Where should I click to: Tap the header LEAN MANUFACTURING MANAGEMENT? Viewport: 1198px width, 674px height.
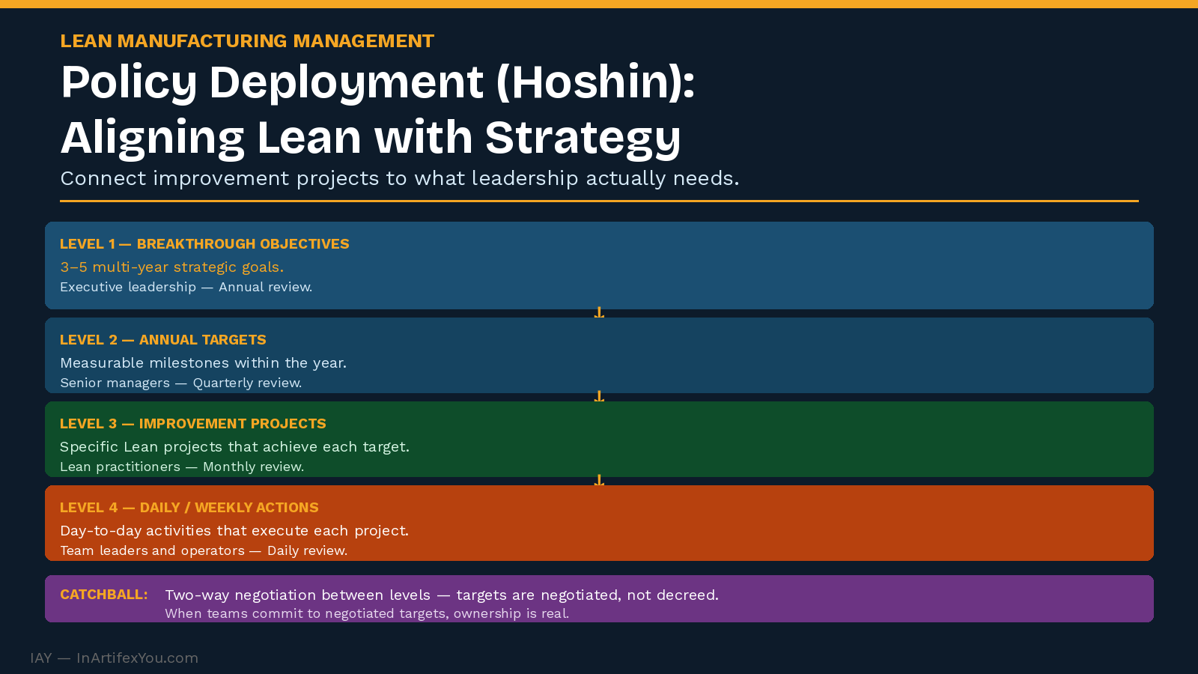coord(247,41)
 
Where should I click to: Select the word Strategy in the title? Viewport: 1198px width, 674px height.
coord(583,139)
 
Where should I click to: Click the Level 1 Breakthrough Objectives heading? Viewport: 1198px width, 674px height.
coord(204,244)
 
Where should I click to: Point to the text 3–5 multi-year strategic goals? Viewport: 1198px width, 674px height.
coord(171,267)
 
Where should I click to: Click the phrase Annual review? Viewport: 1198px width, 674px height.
coord(265,288)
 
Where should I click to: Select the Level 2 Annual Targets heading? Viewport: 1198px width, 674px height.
coord(162,340)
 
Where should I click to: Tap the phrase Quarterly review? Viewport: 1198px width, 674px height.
coord(247,383)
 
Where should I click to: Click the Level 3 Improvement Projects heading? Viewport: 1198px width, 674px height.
coord(192,424)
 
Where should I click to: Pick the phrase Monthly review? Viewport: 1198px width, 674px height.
coord(253,467)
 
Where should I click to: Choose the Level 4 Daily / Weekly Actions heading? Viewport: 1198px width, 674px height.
coord(189,508)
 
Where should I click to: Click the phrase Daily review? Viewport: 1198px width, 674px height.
coord(307,551)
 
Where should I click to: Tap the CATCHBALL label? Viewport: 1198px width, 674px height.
coord(103,595)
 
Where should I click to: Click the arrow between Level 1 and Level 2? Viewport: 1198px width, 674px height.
coord(599,313)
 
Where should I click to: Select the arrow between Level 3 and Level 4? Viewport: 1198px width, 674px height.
coord(599,481)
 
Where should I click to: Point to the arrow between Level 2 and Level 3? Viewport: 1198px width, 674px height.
coord(599,397)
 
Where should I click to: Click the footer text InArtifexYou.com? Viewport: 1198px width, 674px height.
coord(137,658)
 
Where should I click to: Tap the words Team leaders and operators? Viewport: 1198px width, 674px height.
coord(152,551)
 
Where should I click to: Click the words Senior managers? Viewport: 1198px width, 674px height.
coord(115,383)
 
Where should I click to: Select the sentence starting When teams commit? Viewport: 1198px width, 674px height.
coord(366,614)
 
